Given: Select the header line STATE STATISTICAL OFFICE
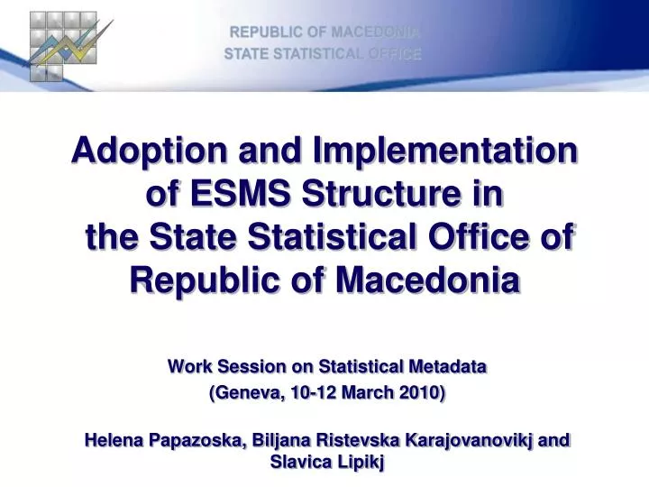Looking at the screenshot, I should click(323, 54).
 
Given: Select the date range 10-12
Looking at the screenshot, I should click(307, 393).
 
